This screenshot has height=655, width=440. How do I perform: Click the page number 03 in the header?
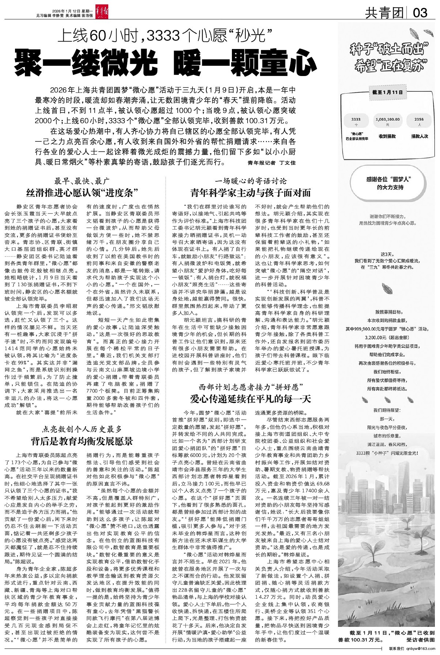click(420, 14)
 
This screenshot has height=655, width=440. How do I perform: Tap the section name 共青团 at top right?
click(384, 14)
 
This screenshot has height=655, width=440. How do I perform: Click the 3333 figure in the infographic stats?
click(356, 119)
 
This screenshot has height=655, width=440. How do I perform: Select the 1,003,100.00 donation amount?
click(387, 119)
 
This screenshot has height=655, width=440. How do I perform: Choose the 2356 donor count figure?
click(419, 119)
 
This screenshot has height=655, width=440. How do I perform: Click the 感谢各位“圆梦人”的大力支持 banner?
click(389, 183)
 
